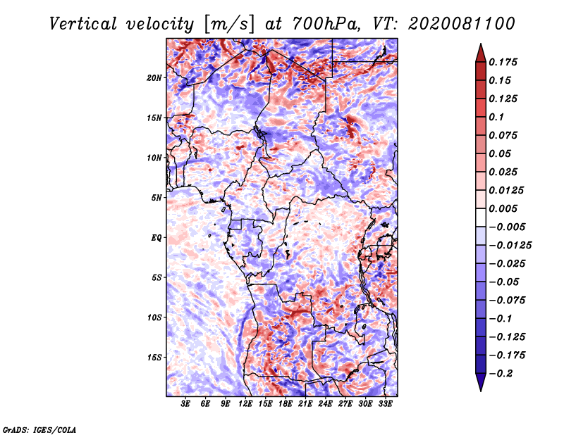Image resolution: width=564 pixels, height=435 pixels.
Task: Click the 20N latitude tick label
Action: [154, 78]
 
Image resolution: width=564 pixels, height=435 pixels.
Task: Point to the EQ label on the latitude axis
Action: [156, 238]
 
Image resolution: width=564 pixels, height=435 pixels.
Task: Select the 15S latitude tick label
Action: [154, 358]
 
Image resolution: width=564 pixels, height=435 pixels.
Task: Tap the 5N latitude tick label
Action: [157, 198]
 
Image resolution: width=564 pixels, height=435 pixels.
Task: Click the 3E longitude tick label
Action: [185, 404]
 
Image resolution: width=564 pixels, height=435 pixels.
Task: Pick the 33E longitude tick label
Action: [385, 404]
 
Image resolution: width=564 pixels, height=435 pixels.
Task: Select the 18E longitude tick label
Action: [286, 404]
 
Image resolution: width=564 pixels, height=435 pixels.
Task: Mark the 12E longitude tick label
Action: [245, 404]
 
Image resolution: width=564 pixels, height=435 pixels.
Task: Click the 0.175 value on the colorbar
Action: [503, 62]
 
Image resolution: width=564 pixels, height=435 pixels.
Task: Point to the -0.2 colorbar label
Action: [501, 374]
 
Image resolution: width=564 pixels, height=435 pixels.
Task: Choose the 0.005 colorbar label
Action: [503, 208]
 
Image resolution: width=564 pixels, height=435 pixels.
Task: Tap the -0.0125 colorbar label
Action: [510, 246]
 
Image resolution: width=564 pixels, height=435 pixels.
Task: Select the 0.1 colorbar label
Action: [496, 117]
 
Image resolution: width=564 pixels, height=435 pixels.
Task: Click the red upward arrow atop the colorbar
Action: [481, 53]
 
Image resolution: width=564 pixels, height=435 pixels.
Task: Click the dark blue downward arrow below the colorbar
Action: [481, 382]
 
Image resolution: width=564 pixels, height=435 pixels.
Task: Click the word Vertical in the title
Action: [83, 24]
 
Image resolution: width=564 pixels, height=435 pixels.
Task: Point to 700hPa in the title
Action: [326, 24]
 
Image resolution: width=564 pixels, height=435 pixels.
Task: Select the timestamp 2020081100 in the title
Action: [462, 24]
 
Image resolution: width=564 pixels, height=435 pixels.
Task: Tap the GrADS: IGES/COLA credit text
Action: [39, 429]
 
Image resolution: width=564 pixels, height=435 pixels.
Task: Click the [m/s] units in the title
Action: [229, 25]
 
